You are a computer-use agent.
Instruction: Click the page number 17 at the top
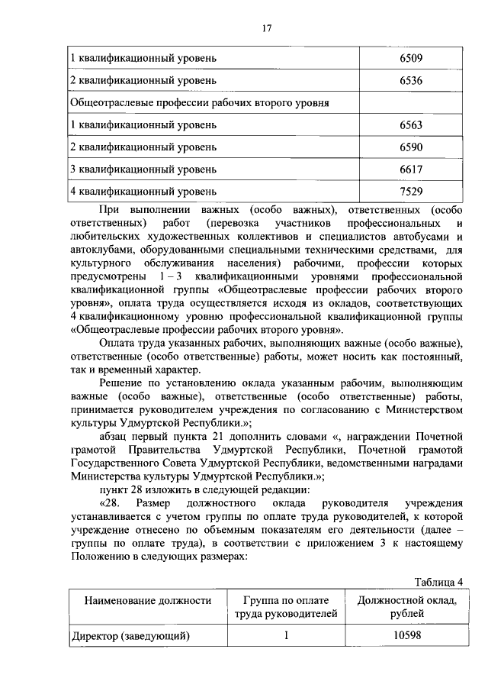coord(266,28)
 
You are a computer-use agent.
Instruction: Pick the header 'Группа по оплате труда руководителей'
coord(284,608)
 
